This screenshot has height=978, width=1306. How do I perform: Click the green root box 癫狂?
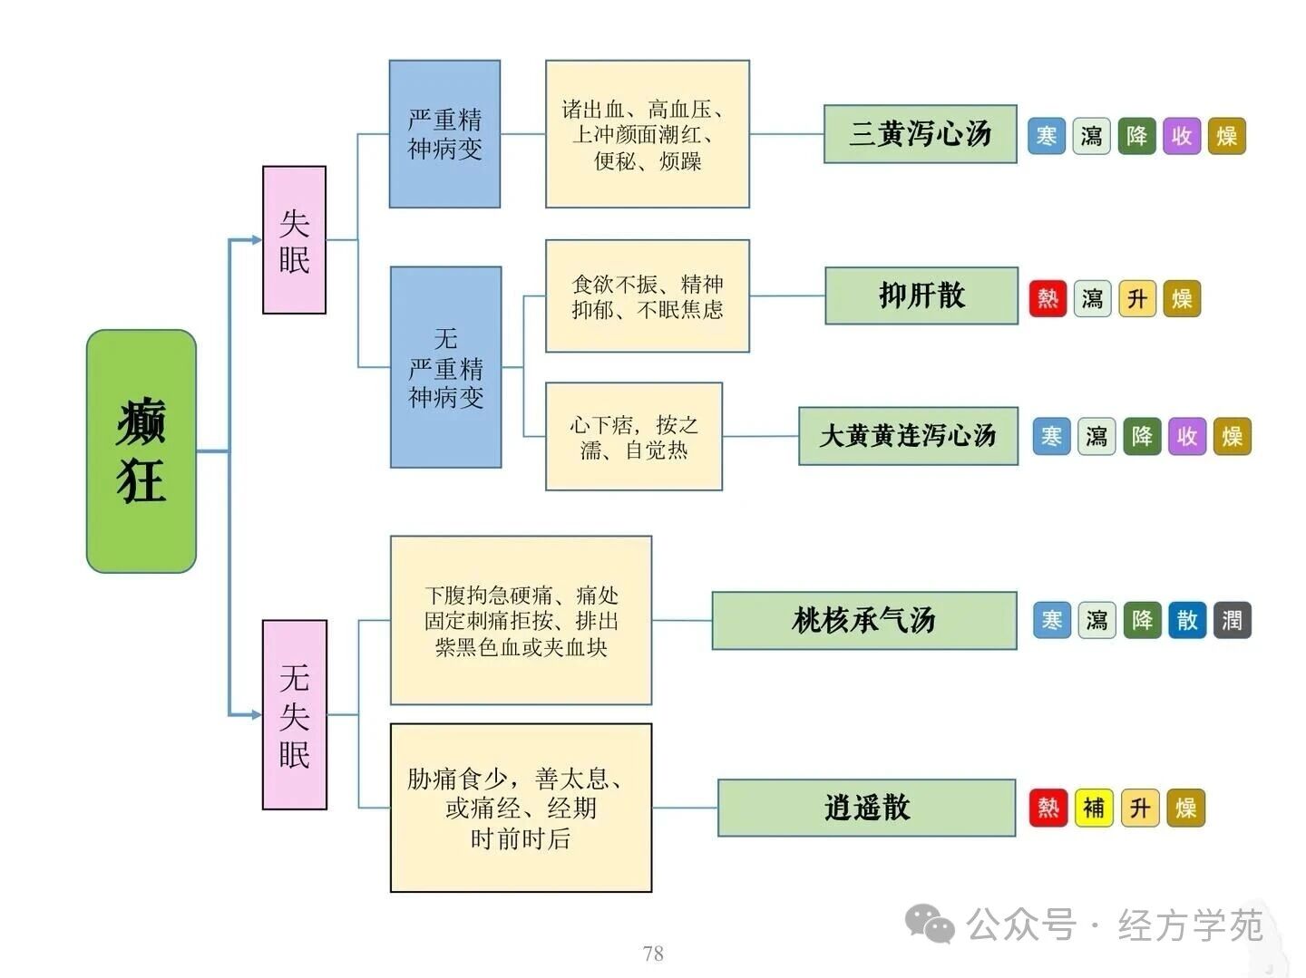(x=141, y=450)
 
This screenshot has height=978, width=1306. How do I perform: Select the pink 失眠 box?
(x=294, y=240)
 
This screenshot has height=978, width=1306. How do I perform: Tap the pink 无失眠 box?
(x=294, y=714)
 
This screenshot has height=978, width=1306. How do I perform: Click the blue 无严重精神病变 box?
(x=445, y=367)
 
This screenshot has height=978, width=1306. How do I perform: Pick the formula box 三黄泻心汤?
(x=920, y=134)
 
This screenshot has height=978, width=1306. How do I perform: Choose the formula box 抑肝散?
(x=921, y=295)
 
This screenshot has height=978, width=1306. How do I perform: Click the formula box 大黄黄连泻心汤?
(x=908, y=436)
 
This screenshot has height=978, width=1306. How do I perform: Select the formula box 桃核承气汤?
(x=863, y=621)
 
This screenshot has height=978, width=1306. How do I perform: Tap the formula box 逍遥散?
(x=866, y=808)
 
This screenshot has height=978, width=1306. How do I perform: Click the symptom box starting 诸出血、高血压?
(x=647, y=134)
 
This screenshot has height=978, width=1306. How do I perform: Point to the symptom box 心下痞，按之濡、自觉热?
(x=633, y=437)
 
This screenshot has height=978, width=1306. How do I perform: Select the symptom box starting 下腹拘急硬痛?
(x=521, y=621)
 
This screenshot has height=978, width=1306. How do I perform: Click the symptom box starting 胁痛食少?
(x=521, y=808)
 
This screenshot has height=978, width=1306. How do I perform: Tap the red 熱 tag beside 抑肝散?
(x=1048, y=298)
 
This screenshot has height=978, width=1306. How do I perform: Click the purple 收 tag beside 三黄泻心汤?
(x=1181, y=136)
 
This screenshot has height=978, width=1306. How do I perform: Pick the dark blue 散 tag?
(x=1187, y=621)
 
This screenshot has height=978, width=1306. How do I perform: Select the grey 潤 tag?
(x=1232, y=621)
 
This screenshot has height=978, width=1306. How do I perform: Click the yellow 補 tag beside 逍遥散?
(x=1094, y=808)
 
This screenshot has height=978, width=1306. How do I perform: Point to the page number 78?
(x=653, y=954)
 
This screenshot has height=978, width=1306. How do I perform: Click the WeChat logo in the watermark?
(x=930, y=925)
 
